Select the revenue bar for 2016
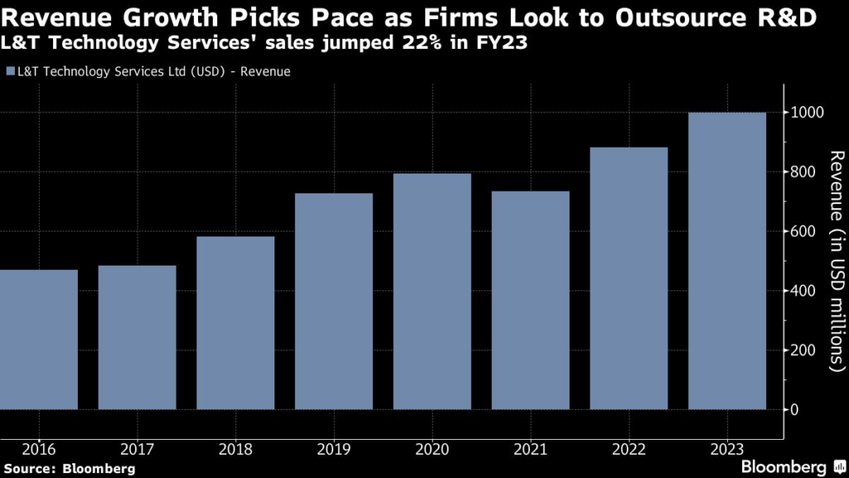(39, 339)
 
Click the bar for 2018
(235, 323)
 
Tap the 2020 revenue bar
(432, 291)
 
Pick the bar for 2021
(531, 300)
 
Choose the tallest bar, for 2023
(727, 261)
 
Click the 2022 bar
(628, 278)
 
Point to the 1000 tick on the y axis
(806, 113)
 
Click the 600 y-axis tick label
(803, 232)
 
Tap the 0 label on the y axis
(795, 410)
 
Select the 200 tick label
(803, 350)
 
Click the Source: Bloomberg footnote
(68, 469)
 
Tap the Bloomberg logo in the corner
(784, 467)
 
